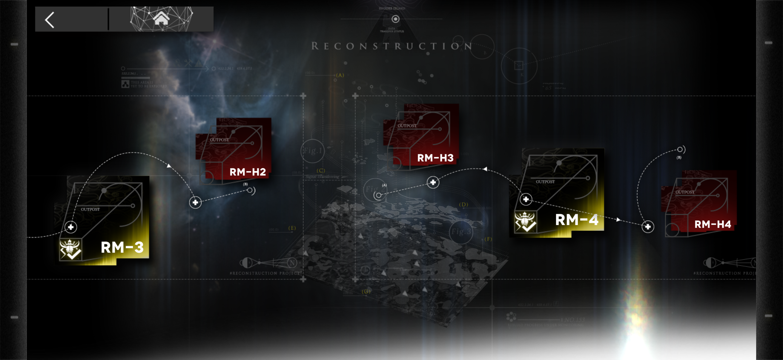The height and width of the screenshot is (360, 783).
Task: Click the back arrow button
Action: click(x=50, y=20)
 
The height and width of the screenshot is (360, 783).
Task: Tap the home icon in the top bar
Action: click(x=161, y=18)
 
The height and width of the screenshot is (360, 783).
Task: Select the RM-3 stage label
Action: click(x=122, y=247)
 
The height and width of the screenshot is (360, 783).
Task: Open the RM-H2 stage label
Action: click(x=248, y=172)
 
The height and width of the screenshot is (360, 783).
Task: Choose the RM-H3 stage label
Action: click(x=435, y=158)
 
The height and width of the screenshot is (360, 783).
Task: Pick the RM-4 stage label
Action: click(x=576, y=220)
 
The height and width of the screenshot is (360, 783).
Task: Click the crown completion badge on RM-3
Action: click(x=70, y=250)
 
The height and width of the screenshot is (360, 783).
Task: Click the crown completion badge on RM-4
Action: click(x=525, y=222)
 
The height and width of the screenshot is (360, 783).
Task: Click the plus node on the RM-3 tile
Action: click(x=71, y=227)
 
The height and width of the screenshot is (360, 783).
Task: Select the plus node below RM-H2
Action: click(x=195, y=202)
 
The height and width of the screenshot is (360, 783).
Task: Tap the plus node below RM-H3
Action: click(x=433, y=182)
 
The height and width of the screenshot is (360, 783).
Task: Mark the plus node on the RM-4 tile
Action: click(x=526, y=199)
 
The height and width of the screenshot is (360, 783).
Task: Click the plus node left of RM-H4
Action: click(x=648, y=227)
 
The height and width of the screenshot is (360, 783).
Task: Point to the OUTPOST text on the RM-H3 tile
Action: click(x=407, y=126)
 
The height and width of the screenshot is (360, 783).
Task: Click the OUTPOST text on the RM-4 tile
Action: click(x=545, y=182)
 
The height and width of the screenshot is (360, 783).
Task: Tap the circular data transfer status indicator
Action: click(x=395, y=19)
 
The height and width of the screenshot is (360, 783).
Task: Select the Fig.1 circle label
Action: click(x=312, y=151)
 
